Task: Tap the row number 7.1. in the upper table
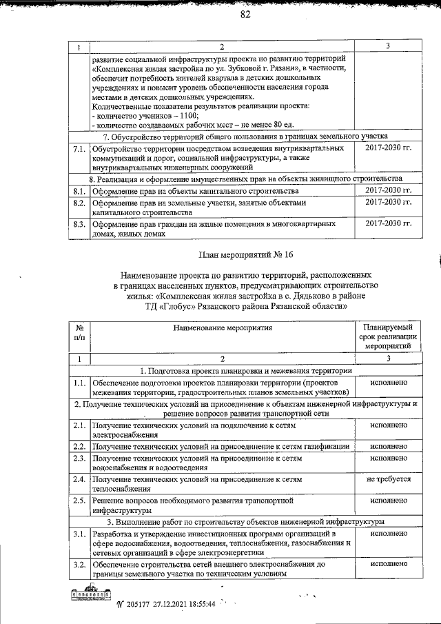79,149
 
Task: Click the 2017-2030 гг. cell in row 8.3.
388,224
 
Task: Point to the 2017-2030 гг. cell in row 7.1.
388,148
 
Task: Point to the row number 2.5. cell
79,500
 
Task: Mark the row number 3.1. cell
79,534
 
